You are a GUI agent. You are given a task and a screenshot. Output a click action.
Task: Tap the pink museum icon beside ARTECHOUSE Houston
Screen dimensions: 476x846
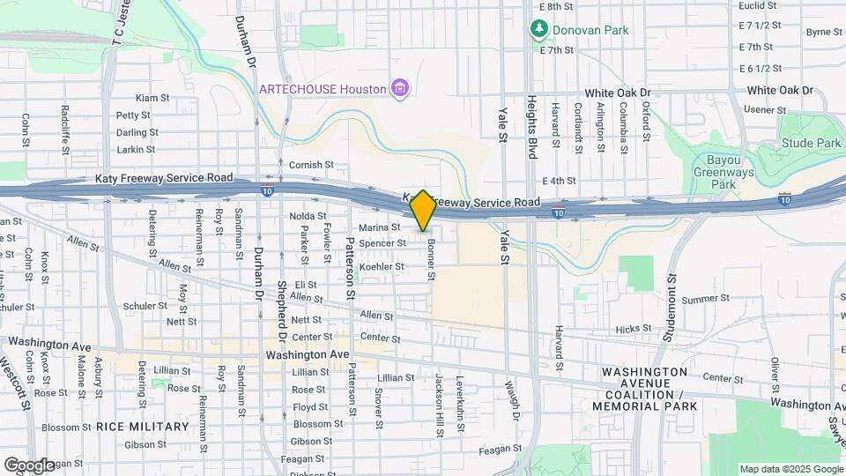pos(401,88)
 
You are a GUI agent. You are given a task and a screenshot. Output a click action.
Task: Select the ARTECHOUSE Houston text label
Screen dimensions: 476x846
pos(323,88)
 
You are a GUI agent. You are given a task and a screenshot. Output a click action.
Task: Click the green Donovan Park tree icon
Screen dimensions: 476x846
pos(538,30)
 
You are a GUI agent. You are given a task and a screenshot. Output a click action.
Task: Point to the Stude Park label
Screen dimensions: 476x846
pos(811,144)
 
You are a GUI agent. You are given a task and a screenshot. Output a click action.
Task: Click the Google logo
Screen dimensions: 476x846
pos(28,465)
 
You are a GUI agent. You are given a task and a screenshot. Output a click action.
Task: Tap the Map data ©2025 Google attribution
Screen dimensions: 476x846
pos(790,469)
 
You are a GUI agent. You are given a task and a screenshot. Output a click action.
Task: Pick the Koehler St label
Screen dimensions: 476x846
pos(382,266)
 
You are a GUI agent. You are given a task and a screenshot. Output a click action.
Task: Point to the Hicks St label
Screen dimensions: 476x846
pos(633,329)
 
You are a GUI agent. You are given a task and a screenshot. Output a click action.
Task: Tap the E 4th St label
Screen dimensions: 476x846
pos(559,180)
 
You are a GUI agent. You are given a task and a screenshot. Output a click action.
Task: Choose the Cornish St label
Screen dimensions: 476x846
pos(313,165)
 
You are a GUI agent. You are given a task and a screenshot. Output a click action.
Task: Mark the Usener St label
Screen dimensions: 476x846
pos(765,109)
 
